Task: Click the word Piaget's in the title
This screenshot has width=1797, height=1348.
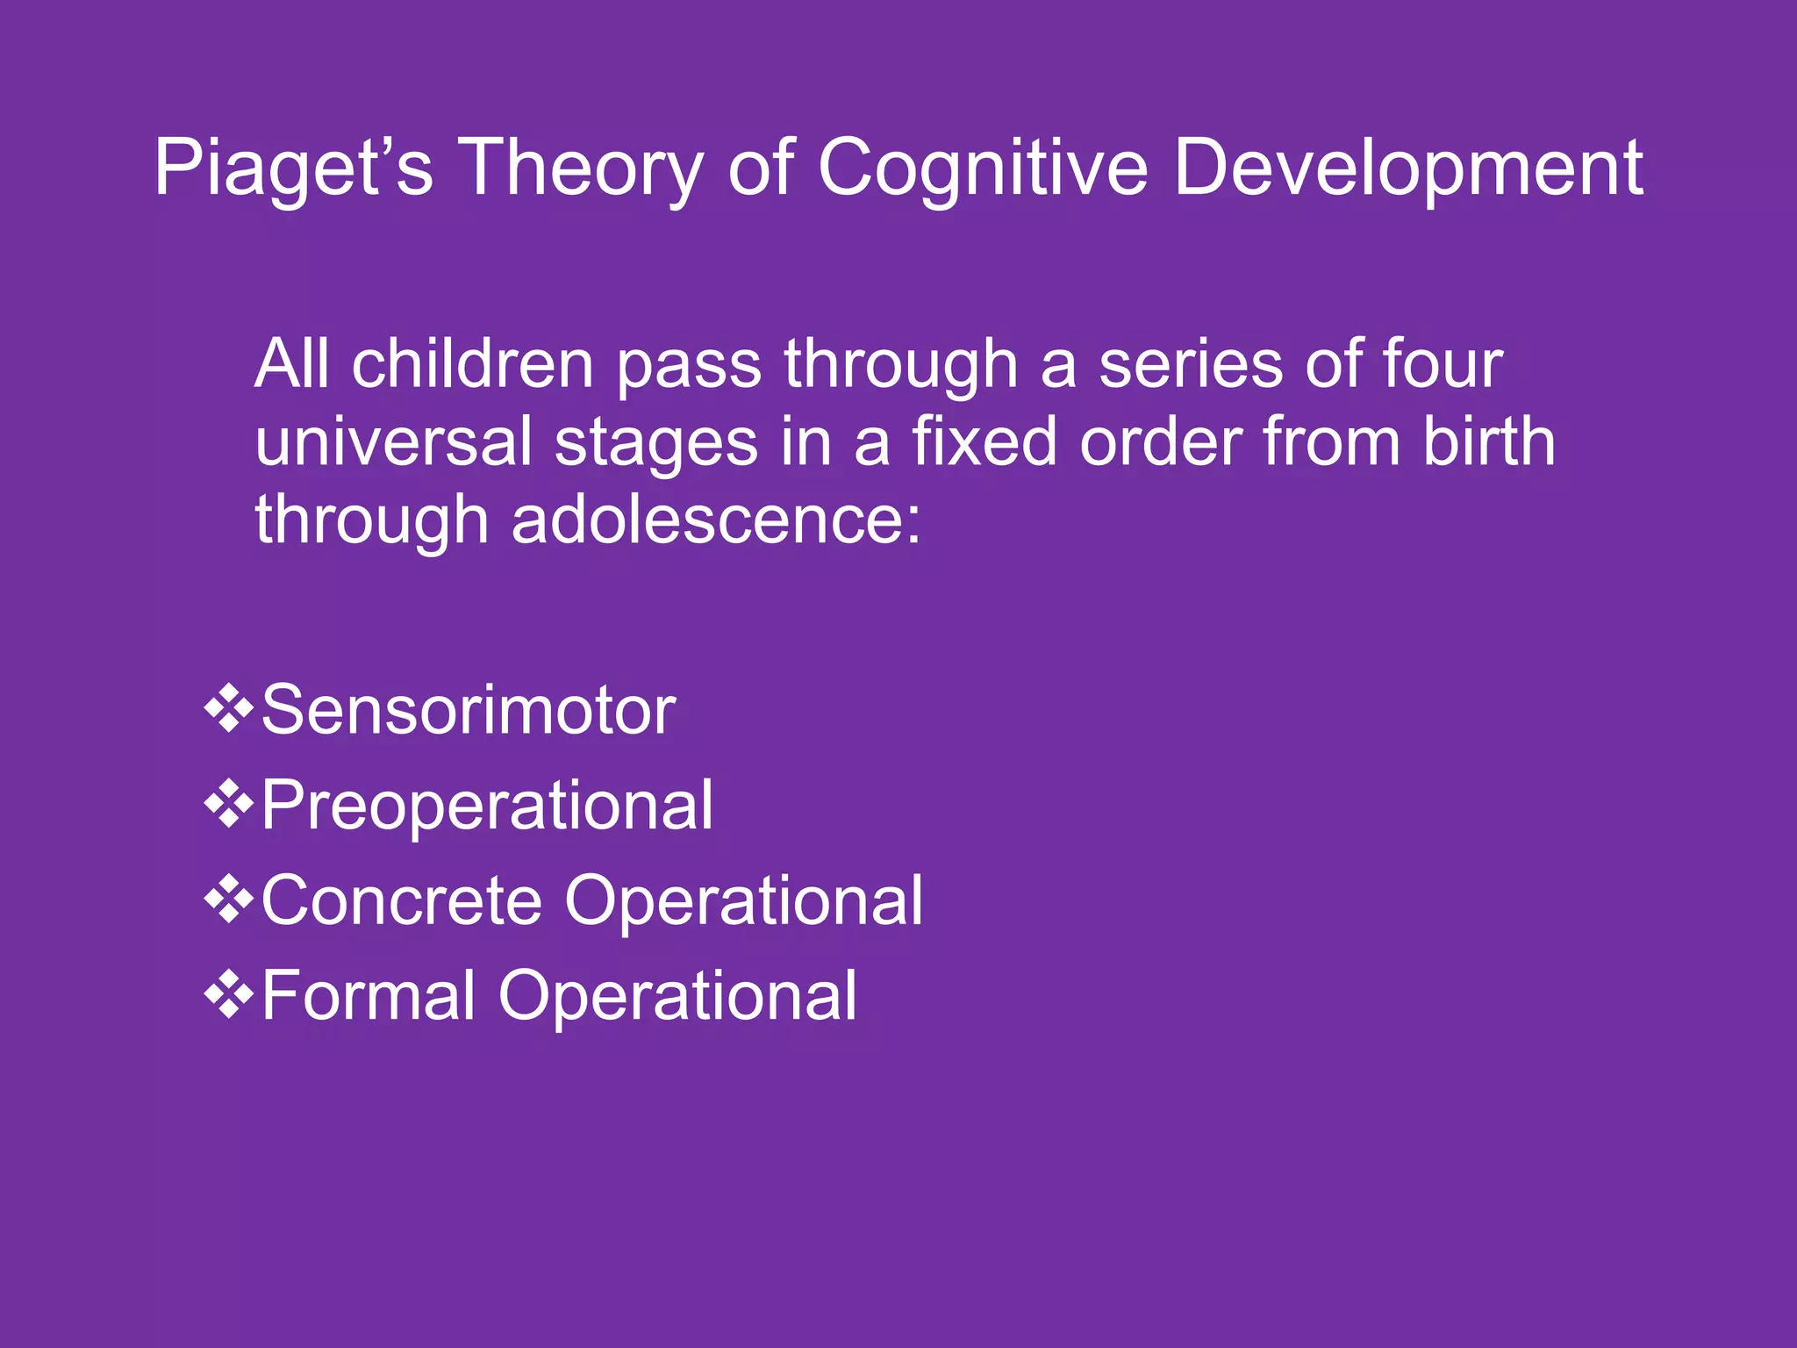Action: (293, 168)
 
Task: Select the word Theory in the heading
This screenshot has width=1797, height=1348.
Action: (580, 168)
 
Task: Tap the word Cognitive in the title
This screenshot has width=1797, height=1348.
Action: (982, 168)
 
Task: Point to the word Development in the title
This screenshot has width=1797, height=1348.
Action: (1407, 168)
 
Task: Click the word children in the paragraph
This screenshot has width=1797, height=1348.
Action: (473, 365)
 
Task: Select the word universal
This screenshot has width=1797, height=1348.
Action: (393, 442)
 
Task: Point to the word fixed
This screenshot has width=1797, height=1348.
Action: (984, 442)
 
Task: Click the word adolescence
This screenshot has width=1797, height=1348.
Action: (715, 520)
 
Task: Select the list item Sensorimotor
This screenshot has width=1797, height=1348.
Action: (469, 711)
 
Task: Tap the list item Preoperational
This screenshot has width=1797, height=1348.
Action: (487, 806)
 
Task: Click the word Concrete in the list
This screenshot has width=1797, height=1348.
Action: (402, 900)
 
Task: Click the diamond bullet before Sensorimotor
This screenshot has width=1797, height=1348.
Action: (229, 708)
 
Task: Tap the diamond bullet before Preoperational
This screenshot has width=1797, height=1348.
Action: (229, 803)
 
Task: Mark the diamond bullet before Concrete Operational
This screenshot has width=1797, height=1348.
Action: (229, 899)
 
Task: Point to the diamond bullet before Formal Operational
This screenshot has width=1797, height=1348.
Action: (229, 993)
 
